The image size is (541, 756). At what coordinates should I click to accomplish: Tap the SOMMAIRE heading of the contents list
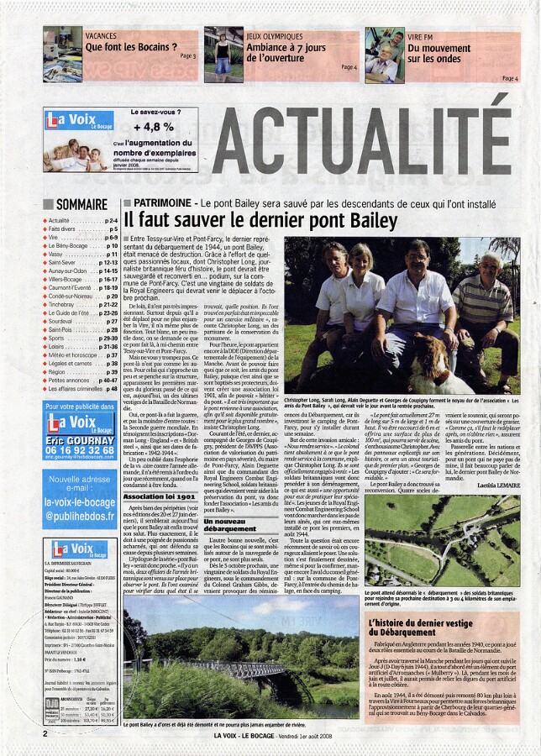pos(81,204)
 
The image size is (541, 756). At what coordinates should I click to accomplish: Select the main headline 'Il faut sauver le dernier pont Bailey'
pos(260,221)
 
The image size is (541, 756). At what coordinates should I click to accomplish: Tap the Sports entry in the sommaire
pos(60,338)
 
